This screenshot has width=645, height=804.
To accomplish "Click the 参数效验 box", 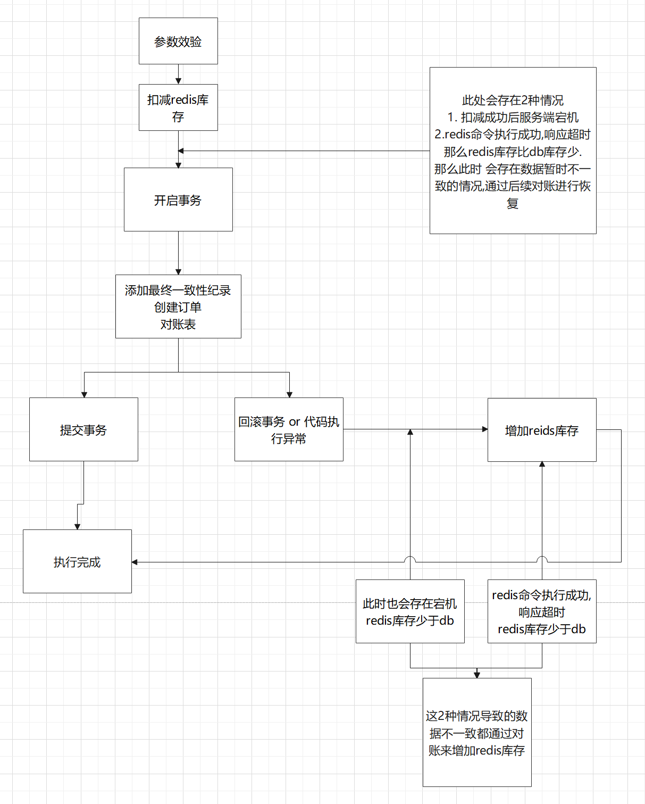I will coord(178,41).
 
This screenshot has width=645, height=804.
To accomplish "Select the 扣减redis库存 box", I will coord(178,107).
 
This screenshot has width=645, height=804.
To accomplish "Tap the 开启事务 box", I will coord(178,200).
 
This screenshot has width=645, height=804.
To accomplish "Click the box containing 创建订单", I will coord(178,306).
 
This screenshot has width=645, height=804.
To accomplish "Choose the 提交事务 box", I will coord(83,429).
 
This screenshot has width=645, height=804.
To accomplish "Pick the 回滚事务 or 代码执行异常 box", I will coord(289,429).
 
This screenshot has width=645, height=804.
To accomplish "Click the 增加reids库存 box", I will coord(542,430).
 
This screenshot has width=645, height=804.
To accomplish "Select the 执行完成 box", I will coord(77,561).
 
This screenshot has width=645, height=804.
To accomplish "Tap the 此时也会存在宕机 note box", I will coord(410,611).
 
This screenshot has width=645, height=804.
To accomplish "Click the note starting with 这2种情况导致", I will coord(477,732).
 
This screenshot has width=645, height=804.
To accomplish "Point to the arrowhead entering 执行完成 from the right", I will coord(135,562).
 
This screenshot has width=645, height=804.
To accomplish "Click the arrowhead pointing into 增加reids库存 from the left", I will coord(484,429).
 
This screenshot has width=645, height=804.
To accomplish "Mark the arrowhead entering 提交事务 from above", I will coord(84,394).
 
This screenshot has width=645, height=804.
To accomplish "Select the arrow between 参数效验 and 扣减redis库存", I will coord(179,74).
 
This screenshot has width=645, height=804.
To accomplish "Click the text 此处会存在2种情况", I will coord(513,100).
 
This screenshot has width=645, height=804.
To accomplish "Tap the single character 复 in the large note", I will coord(513,203).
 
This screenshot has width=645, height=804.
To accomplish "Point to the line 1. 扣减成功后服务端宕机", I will coord(513,117).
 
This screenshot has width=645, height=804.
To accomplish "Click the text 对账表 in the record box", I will coord(178,324).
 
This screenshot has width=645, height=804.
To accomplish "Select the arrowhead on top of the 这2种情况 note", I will coord(477,675).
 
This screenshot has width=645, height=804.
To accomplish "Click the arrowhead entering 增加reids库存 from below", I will coord(542,465).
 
